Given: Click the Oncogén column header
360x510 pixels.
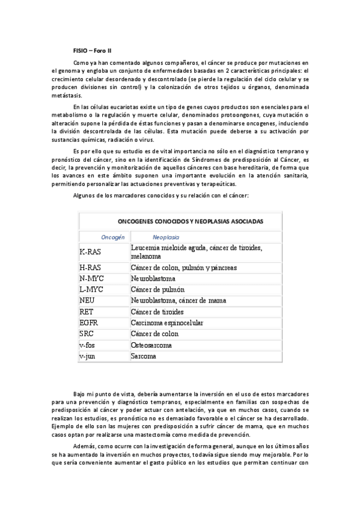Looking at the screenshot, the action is [112, 237].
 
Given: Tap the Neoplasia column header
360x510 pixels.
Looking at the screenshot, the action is [166, 237].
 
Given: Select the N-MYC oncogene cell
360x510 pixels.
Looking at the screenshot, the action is [91, 279].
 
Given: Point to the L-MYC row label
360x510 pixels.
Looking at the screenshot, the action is [91, 290].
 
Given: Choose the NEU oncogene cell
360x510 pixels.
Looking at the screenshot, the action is [87, 301].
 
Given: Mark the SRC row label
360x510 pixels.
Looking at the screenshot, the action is [87, 334].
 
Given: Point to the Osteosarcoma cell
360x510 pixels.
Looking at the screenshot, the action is [151, 345].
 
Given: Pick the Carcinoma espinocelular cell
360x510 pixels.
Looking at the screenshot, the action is [167, 323].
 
